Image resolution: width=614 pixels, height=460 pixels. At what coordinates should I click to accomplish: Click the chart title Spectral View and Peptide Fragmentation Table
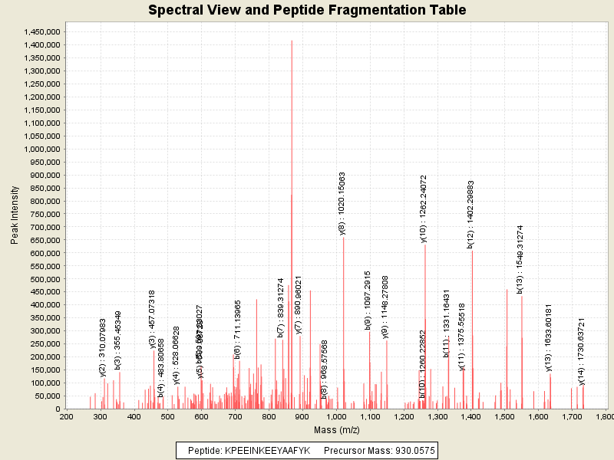click(307, 11)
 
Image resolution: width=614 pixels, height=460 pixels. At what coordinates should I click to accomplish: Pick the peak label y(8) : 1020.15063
click(342, 203)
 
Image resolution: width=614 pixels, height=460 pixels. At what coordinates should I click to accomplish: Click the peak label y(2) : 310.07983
click(103, 347)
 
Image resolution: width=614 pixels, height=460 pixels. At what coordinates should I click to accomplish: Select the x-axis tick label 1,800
click(604, 416)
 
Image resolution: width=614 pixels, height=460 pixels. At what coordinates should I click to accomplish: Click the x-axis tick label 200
click(66, 416)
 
